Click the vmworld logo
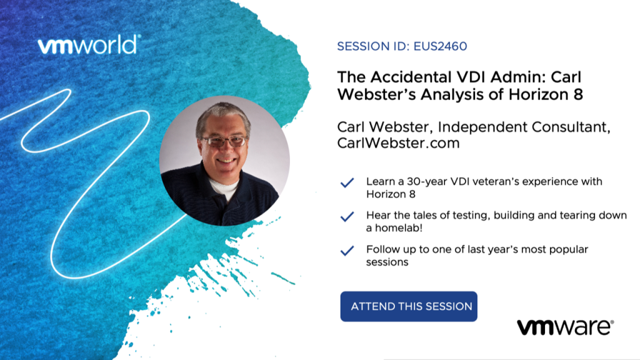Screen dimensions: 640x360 [89, 44]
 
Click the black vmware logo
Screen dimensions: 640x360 [565, 327]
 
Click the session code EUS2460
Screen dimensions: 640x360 [440, 46]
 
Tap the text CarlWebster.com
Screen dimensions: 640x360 [398, 143]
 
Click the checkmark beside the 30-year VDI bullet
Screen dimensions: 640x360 [347, 183]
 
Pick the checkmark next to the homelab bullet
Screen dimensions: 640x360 [347, 217]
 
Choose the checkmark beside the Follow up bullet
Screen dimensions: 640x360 [347, 251]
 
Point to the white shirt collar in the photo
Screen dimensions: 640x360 [223, 187]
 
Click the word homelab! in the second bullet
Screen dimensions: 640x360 [394, 227]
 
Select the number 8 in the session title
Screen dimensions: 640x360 [578, 95]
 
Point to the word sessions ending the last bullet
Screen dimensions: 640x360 [387, 262]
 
